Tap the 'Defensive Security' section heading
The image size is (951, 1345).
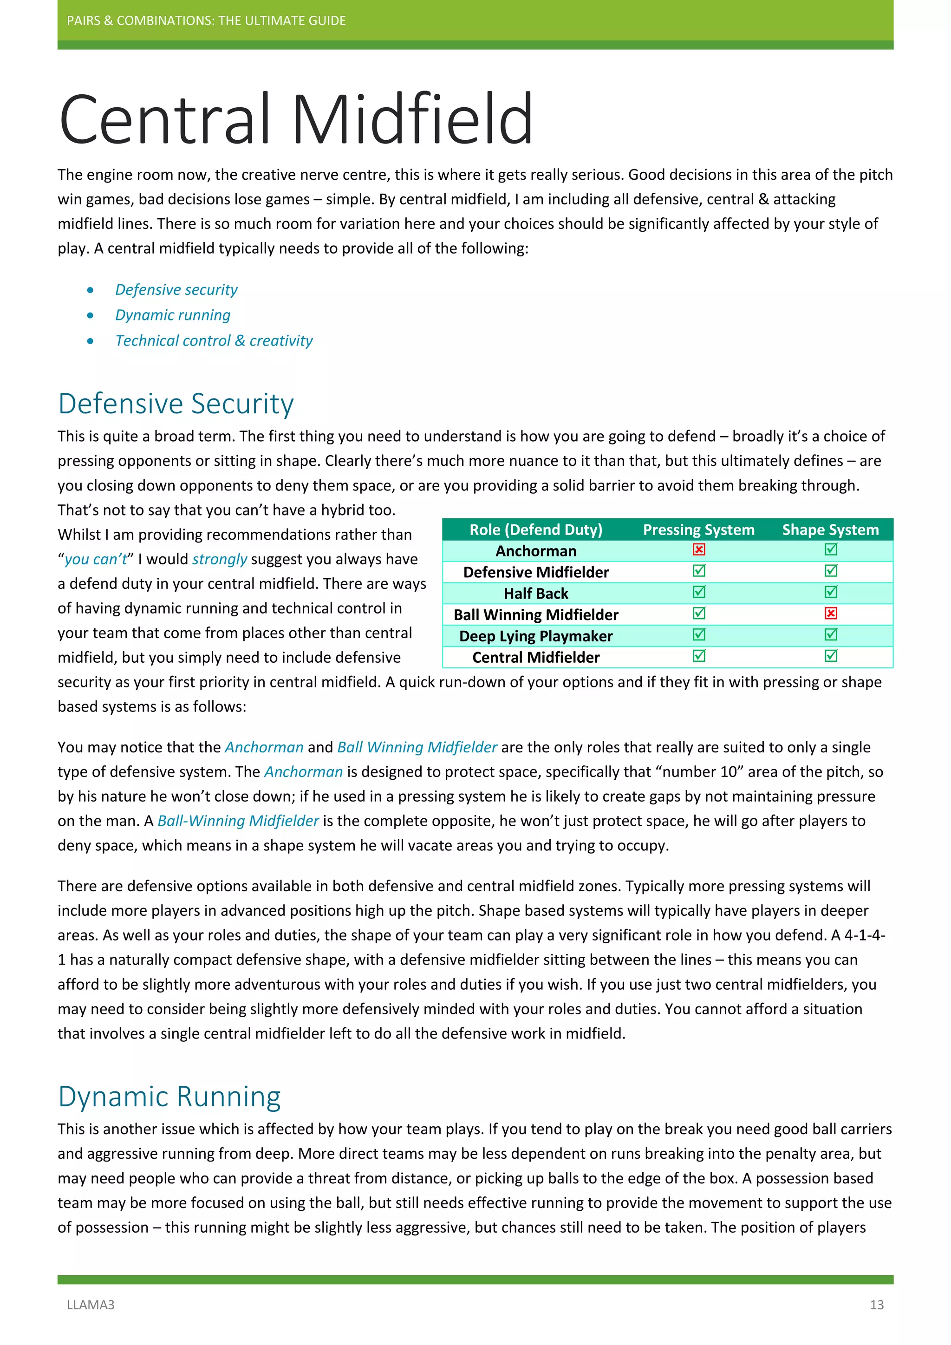pyautogui.click(x=176, y=404)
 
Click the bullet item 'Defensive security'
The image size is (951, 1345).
pyautogui.click(x=176, y=289)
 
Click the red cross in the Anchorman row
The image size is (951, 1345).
pyautogui.click(x=698, y=549)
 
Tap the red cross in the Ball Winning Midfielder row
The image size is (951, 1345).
pyautogui.click(x=830, y=614)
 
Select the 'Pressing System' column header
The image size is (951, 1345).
pyautogui.click(x=698, y=529)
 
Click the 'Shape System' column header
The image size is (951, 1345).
pyautogui.click(x=830, y=529)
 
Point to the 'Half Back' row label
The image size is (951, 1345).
pyautogui.click(x=536, y=594)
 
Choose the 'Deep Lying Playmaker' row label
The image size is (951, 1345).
pyautogui.click(x=536, y=636)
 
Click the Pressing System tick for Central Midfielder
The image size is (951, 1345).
pyautogui.click(x=698, y=656)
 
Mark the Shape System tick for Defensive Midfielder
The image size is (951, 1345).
pyautogui.click(x=830, y=571)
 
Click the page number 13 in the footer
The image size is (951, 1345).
pyautogui.click(x=877, y=1305)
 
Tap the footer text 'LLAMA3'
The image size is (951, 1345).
pyautogui.click(x=91, y=1305)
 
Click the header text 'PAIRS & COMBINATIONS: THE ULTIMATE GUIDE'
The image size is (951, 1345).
pyautogui.click(x=206, y=20)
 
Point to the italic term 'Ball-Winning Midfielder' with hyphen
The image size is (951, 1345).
pyautogui.click(x=238, y=821)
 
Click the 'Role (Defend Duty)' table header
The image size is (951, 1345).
pyautogui.click(x=536, y=529)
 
